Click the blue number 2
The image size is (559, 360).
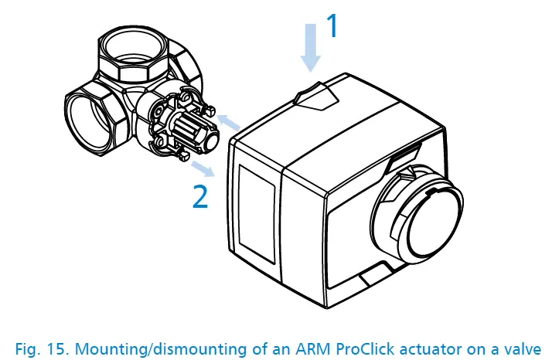(199, 196)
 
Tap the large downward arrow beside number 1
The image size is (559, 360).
(309, 48)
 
